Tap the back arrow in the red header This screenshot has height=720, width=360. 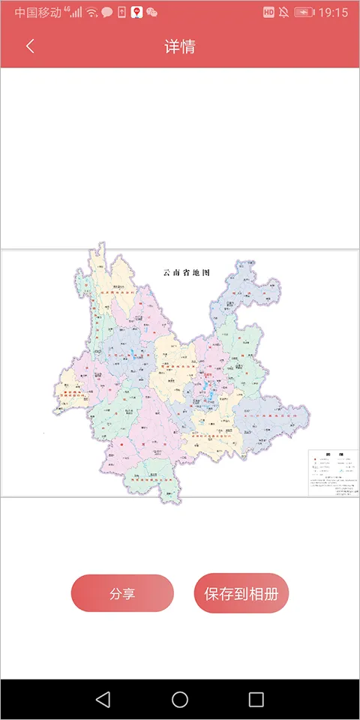tap(30, 46)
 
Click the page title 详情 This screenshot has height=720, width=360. tap(180, 46)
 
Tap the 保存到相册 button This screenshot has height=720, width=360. tap(241, 594)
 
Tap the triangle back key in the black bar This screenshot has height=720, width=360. tap(103, 700)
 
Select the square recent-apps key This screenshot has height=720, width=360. tap(256, 700)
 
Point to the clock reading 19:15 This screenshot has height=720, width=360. tap(333, 13)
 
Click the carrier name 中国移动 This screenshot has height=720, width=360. tap(38, 13)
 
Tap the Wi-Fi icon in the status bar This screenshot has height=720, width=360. tap(91, 13)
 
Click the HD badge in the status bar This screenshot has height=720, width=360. tap(269, 13)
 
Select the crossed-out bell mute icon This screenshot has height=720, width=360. tap(284, 13)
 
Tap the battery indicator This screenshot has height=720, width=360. tap(304, 13)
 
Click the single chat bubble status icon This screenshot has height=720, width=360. tap(107, 13)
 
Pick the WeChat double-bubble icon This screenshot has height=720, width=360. tap(152, 13)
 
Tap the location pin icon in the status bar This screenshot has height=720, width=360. tap(136, 13)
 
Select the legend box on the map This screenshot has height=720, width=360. tap(334, 472)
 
